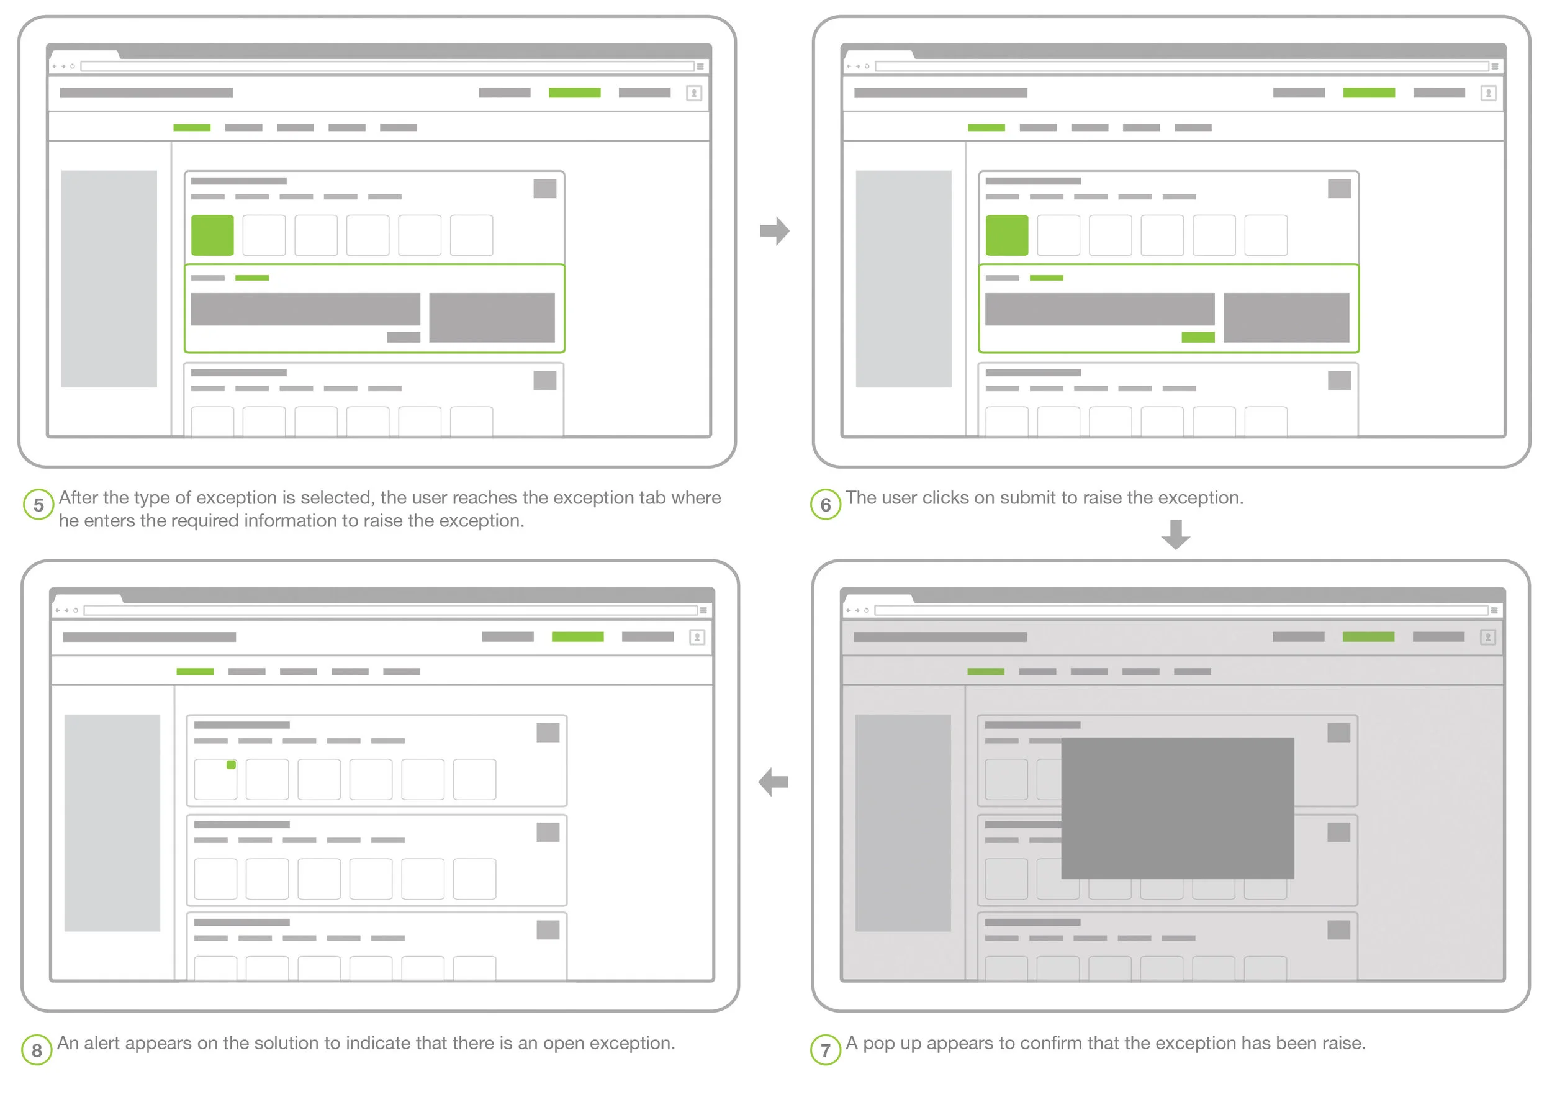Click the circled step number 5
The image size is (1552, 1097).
[38, 504]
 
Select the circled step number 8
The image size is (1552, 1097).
[37, 1050]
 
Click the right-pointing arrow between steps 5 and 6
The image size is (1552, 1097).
[775, 231]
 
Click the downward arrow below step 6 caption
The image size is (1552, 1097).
[1176, 535]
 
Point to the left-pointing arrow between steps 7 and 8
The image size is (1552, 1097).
[774, 782]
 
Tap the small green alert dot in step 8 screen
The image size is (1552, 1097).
[231, 764]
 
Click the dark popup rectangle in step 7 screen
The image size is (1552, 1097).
[1178, 808]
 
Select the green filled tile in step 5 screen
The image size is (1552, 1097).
[212, 235]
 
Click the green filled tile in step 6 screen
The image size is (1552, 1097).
[1006, 235]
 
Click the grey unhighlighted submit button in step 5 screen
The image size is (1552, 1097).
[404, 337]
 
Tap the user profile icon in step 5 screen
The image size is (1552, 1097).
[694, 93]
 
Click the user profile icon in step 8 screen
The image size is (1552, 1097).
[697, 638]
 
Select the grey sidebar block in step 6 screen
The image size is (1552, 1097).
[903, 279]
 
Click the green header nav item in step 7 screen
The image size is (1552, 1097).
[1368, 637]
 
